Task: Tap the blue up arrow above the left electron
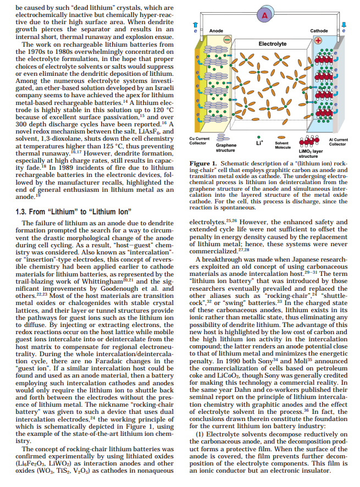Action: point(195,25)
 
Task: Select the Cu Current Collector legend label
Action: point(198,141)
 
